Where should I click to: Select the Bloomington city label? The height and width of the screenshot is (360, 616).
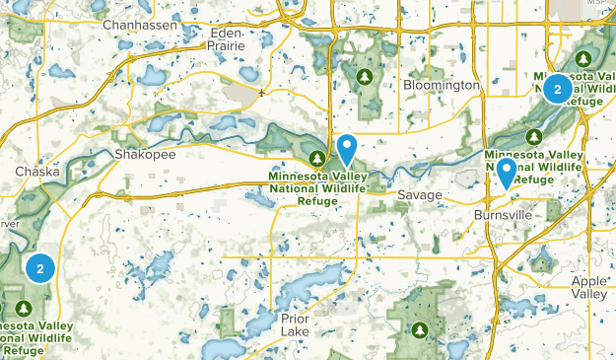coord(442,86)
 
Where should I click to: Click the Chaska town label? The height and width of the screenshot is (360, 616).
coord(37,172)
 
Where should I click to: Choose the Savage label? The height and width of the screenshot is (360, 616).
coord(420,195)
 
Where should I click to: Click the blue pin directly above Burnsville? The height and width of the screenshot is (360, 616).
coord(507,174)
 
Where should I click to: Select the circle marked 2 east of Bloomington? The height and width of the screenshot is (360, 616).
coord(558,90)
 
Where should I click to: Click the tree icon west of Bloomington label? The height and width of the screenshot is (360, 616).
coord(366,75)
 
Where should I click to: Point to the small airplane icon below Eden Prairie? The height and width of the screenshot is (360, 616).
coord(261,93)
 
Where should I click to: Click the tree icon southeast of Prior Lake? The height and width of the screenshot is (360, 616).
coord(421,328)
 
